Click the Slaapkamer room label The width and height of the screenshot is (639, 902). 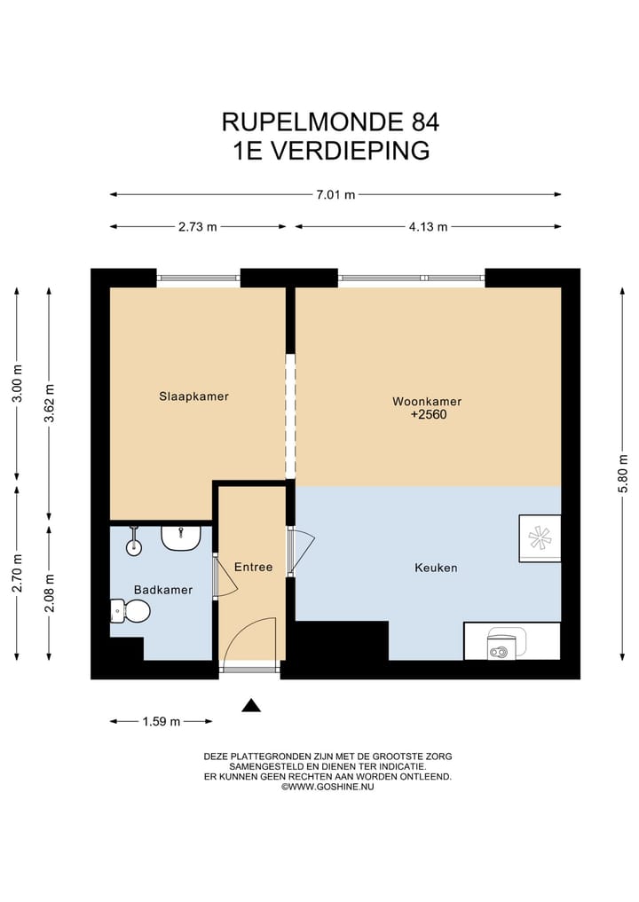coord(193,396)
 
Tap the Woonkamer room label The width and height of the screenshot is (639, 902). coord(427,402)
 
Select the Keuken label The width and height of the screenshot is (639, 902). coord(436,568)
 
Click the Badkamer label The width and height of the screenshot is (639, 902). coord(162,590)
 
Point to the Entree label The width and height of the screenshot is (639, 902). coord(253,567)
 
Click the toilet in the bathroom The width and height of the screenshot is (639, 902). coord(130,610)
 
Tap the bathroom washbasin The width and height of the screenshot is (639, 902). coord(180,537)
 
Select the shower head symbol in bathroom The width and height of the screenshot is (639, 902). coord(134,541)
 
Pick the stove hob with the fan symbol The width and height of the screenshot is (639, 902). coord(540,537)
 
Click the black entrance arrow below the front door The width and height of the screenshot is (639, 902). coord(252,706)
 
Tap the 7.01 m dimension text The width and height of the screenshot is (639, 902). coord(335,195)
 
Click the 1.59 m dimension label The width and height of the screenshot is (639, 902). coord(161,722)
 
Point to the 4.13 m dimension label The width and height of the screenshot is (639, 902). coord(428,227)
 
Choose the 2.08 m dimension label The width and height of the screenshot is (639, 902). coord(50,592)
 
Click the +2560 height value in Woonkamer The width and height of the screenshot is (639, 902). coord(427,413)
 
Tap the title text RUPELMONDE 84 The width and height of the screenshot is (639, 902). coord(329,121)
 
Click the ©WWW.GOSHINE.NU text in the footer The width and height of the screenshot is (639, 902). coord(327,787)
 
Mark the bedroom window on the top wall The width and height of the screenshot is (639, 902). coord(199,278)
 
